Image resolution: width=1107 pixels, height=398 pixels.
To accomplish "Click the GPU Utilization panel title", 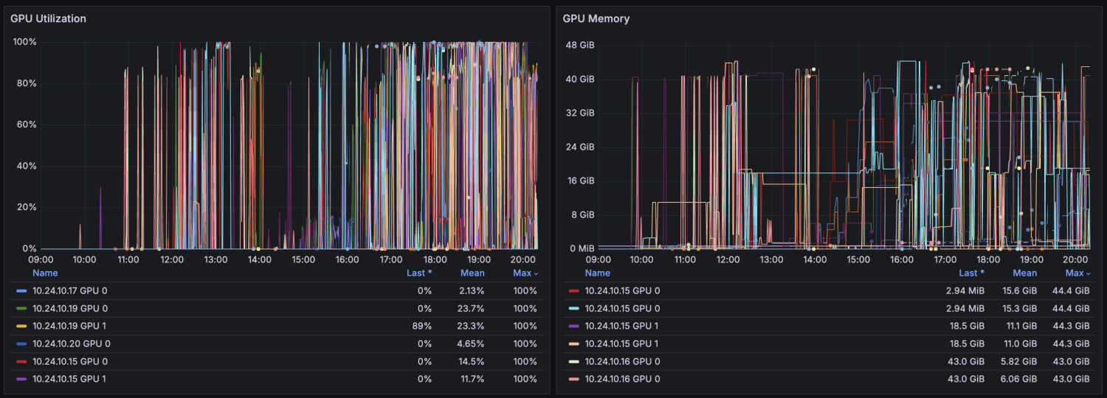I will point(48,18).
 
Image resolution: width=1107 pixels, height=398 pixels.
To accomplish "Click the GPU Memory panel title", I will point(596,18).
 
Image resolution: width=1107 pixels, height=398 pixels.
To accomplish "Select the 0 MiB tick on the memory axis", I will point(582,248).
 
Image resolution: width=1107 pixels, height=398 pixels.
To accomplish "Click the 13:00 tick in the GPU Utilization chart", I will point(215,259).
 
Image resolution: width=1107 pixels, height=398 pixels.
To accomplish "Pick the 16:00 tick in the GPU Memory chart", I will point(902,259).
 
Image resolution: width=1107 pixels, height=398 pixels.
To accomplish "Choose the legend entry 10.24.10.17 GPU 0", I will point(69,290).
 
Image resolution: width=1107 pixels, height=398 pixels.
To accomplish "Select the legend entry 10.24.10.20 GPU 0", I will point(71,343).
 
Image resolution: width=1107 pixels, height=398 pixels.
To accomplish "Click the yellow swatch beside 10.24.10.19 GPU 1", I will point(21,326).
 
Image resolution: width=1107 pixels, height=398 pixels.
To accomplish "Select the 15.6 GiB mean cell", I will point(1023,290).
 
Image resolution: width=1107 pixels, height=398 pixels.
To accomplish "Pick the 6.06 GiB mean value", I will point(1022,379).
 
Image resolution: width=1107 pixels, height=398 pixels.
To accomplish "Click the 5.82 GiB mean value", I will point(1022,361).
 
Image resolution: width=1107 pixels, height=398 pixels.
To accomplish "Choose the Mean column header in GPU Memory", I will point(1024,273).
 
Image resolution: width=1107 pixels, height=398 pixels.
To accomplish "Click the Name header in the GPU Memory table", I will point(597,273).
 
